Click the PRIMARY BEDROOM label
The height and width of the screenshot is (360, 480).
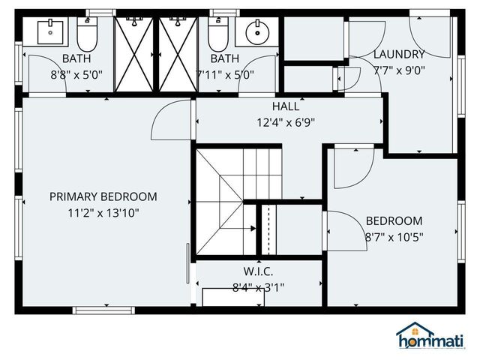click(103, 196)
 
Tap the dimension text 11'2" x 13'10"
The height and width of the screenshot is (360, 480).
click(103, 212)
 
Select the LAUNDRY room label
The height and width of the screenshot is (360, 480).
click(399, 54)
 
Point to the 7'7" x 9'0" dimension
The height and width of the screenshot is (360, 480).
click(399, 70)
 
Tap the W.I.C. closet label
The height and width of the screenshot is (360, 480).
click(258, 271)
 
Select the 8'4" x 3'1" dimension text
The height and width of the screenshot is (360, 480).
click(258, 286)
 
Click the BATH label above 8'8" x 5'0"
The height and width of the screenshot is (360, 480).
click(76, 58)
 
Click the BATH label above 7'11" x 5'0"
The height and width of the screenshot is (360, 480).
click(225, 58)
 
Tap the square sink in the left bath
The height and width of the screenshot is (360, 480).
click(51, 31)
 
